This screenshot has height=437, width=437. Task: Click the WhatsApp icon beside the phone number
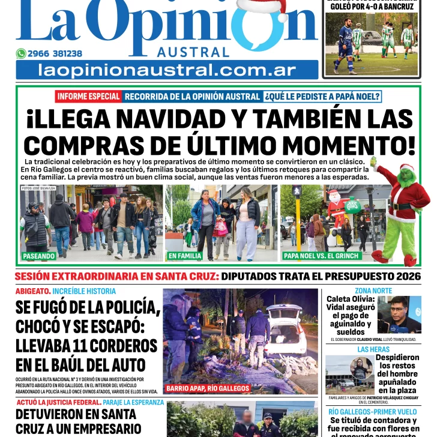21,53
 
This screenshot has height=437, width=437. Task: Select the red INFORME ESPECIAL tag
88,96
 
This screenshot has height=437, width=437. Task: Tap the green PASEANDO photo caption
40,256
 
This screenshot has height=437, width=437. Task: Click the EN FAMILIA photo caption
185,256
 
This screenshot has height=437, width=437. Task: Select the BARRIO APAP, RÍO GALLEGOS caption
208,388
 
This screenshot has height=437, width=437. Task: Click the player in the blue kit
346,45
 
